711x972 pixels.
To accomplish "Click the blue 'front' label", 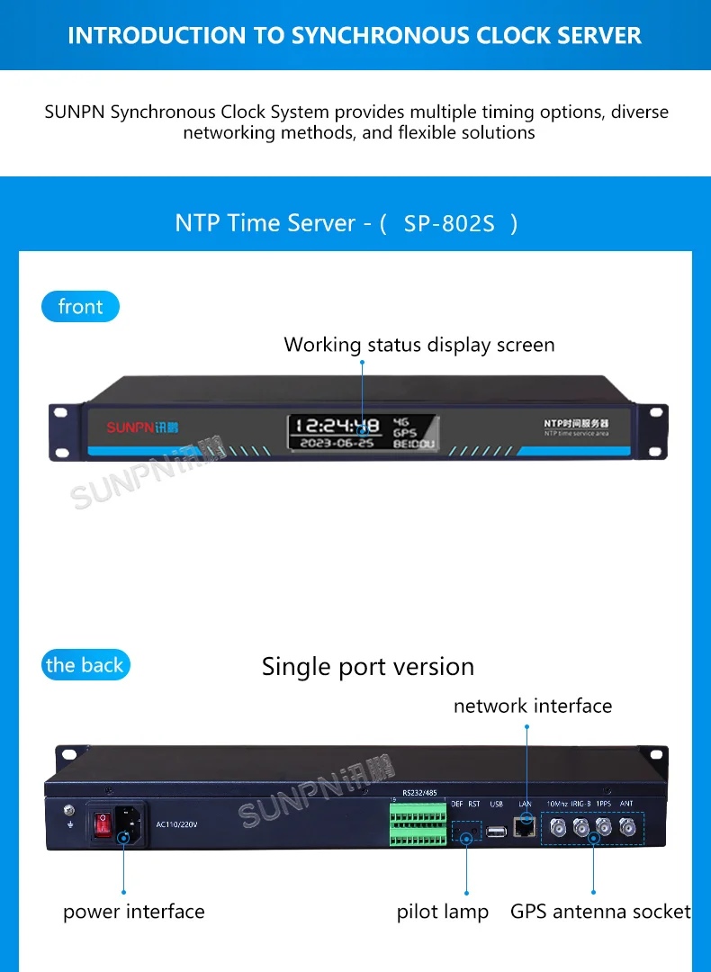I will (80, 307).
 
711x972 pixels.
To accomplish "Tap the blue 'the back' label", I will (85, 665).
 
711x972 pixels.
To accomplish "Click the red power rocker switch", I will (104, 823).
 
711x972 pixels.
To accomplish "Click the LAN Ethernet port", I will (525, 824).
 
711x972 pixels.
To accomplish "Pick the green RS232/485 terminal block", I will (418, 824).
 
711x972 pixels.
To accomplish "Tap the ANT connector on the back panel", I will (625, 826).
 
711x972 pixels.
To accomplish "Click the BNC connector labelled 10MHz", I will (557, 826).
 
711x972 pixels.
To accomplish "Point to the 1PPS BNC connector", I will (603, 826).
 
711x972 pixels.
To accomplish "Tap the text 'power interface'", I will (134, 912).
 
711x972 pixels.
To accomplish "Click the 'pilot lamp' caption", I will (443, 912).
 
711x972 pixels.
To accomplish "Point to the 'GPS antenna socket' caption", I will (600, 912).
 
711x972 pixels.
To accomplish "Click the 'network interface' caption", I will (533, 706).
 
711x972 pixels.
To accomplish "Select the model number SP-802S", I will (449, 223).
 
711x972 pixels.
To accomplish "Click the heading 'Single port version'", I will (367, 667).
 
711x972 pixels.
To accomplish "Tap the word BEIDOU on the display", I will (414, 444).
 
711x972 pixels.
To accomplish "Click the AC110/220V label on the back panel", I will (176, 823).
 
